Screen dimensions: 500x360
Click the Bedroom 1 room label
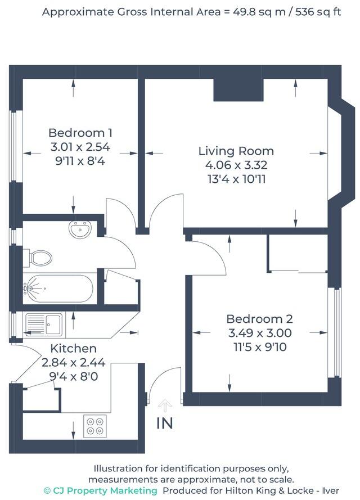click(80, 133)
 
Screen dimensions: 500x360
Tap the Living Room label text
click(236, 151)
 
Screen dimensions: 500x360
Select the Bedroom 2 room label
click(260, 319)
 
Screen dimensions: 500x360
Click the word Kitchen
click(73, 349)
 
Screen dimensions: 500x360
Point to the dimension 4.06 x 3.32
click(236, 165)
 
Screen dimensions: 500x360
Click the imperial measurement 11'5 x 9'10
click(260, 347)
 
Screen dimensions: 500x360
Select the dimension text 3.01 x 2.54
click(80, 147)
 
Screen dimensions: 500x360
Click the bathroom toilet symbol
click(39, 258)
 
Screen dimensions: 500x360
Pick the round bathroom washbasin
click(80, 229)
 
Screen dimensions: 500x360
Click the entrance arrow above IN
click(165, 403)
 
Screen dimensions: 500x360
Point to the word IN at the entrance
click(165, 424)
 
